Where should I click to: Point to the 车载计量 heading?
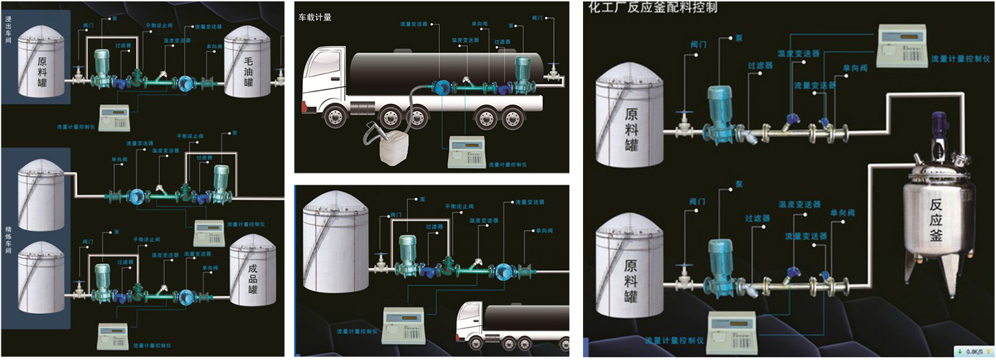coord(315,17)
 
